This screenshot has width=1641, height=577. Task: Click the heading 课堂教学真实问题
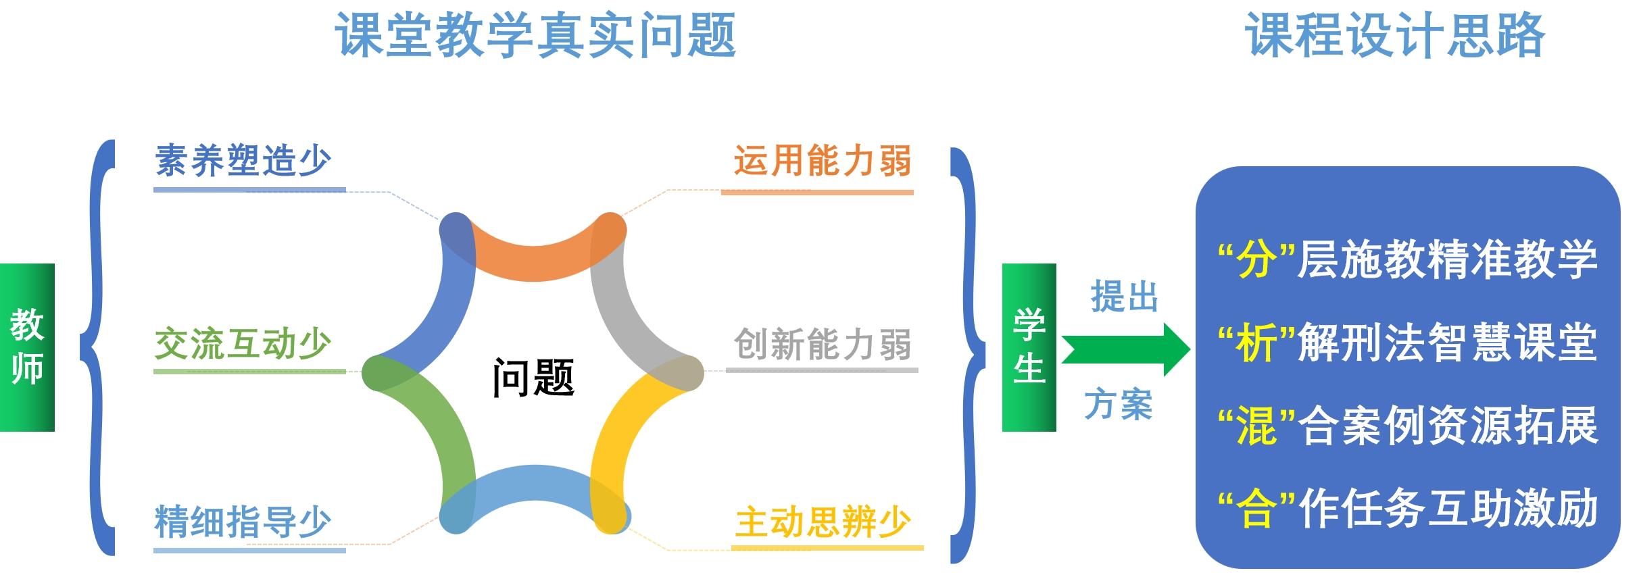(x=535, y=34)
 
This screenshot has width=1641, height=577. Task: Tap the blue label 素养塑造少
(x=243, y=161)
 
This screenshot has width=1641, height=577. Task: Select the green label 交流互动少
(x=243, y=344)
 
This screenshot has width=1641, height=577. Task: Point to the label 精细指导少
(x=243, y=522)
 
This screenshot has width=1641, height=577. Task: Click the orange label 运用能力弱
(x=823, y=161)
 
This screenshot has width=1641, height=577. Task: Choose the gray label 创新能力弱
(x=823, y=344)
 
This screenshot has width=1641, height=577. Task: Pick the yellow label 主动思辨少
(x=823, y=522)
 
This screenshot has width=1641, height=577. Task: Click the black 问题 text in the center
(x=533, y=378)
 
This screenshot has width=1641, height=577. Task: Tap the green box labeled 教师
(x=27, y=347)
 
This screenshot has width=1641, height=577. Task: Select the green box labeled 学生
(x=1029, y=347)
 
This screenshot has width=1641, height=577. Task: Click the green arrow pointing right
(x=1126, y=349)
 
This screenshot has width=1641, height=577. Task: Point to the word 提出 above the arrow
(x=1125, y=297)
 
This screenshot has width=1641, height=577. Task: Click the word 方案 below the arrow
(x=1119, y=405)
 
